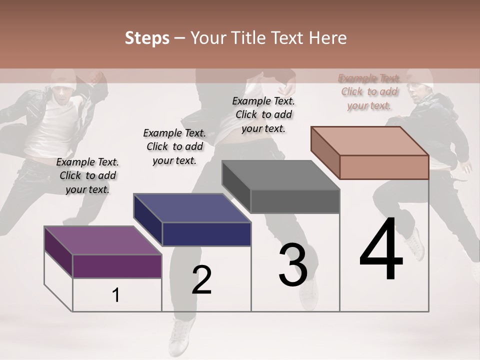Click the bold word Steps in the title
click(147, 38)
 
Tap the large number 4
click(381, 250)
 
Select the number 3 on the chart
click(293, 265)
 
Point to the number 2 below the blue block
click(202, 280)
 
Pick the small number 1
click(116, 295)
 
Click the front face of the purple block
click(117, 266)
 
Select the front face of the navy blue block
click(206, 234)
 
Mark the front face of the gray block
click(295, 201)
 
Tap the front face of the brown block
click(384, 167)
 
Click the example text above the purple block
click(87, 175)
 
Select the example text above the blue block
click(174, 146)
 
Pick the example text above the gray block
click(263, 114)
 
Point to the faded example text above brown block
click(369, 92)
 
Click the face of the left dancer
click(62, 94)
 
